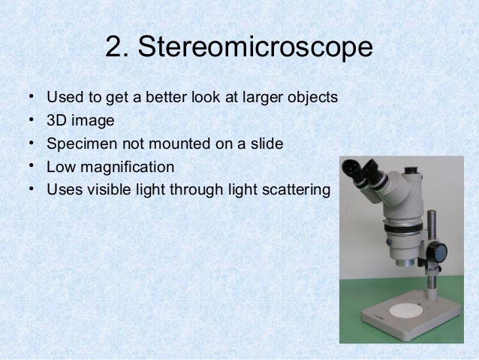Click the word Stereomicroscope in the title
click(x=256, y=49)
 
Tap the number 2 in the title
click(x=113, y=48)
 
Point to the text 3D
click(x=57, y=120)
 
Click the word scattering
click(x=294, y=189)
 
